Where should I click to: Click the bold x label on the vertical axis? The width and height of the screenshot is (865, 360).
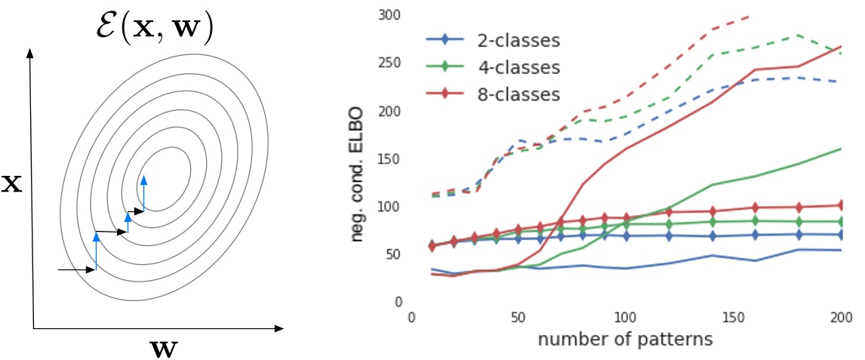[x=10, y=184]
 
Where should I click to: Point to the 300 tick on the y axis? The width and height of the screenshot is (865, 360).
[x=391, y=16]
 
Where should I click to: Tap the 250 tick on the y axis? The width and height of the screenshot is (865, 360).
[x=391, y=63]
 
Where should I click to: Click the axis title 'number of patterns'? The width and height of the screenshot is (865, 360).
[x=625, y=339]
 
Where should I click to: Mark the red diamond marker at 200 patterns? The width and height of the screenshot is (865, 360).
[x=841, y=205]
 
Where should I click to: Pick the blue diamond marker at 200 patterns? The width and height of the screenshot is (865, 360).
[x=841, y=235]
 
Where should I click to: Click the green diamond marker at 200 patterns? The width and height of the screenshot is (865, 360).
[x=841, y=222]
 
